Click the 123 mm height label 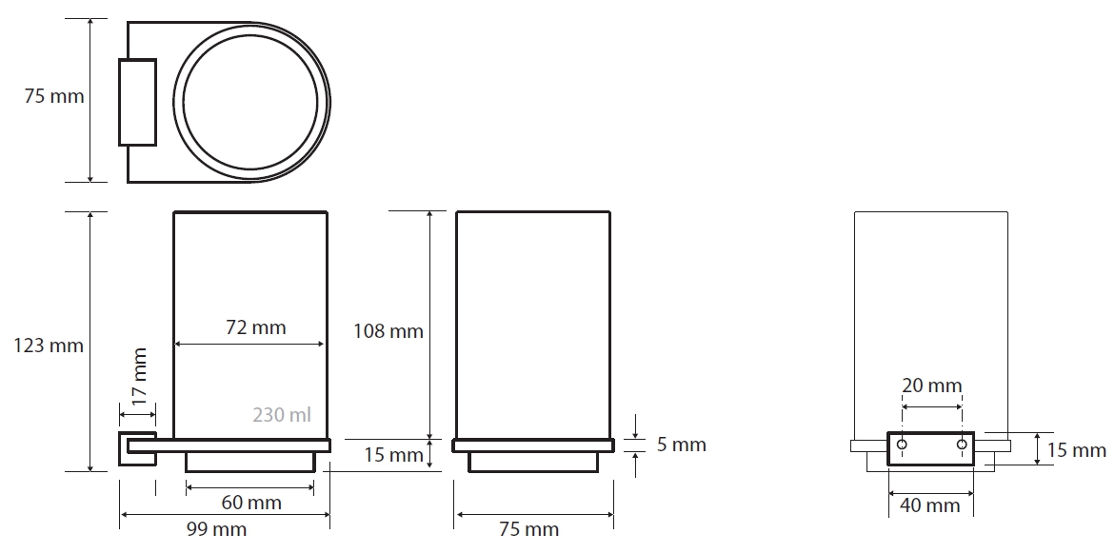(49, 346)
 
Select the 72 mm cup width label (255, 327)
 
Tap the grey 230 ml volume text (282, 415)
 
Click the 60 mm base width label (251, 503)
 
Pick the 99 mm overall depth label (216, 530)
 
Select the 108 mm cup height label (388, 330)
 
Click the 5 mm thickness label (681, 445)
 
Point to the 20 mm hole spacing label (931, 386)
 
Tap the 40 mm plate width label (930, 505)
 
